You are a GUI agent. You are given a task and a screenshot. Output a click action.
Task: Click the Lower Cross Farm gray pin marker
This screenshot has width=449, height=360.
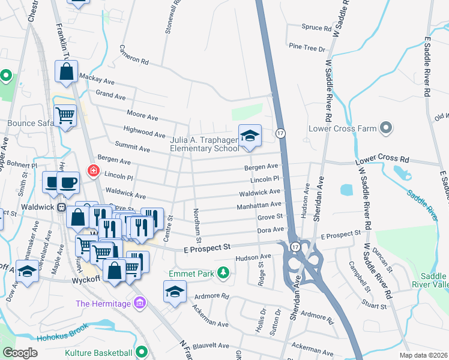point(386,128)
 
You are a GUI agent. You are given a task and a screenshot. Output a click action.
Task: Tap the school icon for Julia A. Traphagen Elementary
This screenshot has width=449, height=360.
point(250,136)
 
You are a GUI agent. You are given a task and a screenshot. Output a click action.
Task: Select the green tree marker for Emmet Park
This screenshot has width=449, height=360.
point(223,274)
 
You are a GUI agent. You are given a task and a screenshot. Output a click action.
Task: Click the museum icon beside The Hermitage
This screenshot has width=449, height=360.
point(140,304)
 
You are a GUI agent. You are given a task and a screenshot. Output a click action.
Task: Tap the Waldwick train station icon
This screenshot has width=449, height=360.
point(61,207)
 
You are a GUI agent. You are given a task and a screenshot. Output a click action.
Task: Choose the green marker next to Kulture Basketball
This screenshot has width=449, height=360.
point(141,352)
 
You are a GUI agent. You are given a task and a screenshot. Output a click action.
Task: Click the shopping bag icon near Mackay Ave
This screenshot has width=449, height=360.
point(66,72)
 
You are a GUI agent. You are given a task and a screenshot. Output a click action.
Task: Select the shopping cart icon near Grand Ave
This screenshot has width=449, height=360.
point(65,115)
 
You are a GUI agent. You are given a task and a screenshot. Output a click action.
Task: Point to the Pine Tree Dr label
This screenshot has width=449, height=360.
point(306,47)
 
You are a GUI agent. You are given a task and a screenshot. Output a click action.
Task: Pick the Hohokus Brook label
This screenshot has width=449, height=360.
point(62,333)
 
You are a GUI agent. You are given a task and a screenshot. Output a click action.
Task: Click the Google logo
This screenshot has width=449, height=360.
point(20,353)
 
